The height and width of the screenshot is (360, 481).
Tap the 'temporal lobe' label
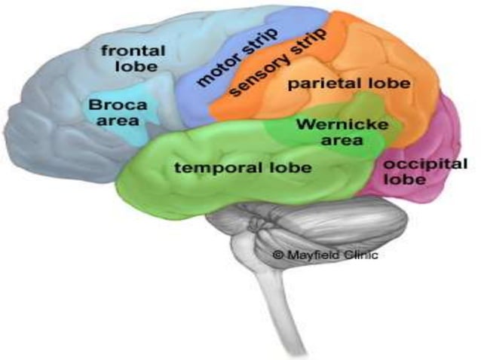(x=243, y=167)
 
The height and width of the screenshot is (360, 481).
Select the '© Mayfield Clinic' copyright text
(x=325, y=255)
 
